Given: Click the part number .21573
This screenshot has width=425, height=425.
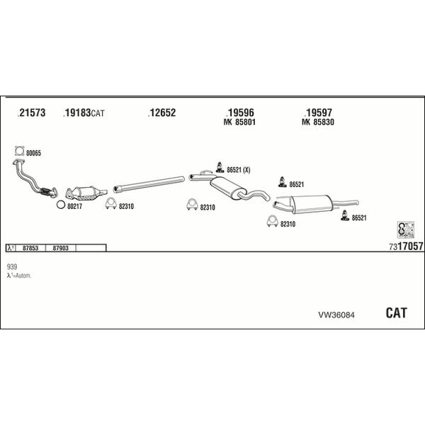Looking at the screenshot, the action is point(31,113).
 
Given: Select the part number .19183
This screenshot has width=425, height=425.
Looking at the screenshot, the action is point(76,113).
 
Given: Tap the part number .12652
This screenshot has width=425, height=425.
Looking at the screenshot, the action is point(161,113).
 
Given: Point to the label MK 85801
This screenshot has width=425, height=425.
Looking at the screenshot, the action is point(239,122).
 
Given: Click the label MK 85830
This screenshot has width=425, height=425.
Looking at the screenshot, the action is point(318,122).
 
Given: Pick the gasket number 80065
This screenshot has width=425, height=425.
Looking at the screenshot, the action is point(33,153).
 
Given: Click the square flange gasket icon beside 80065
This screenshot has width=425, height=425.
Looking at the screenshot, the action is point(20,151).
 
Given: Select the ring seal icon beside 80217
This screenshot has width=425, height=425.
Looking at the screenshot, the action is point(61,205).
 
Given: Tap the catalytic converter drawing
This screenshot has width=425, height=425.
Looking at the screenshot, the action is point(86,193).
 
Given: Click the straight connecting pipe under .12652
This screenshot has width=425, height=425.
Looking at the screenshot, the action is point(149,184).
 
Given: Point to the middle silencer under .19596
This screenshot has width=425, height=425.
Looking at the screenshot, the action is point(229,188).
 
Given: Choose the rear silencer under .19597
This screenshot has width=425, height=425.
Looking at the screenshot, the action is point(314,204).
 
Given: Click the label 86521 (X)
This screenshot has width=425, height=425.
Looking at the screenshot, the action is point(239,170).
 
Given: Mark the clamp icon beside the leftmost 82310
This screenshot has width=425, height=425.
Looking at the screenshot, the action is point(110,204).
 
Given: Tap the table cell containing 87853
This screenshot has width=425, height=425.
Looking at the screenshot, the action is point(30,248).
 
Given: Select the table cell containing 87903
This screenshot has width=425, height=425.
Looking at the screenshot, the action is point(61,248).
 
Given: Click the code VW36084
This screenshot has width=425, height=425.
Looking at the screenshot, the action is point(336,315).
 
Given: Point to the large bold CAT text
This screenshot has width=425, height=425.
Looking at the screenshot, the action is point(396,313).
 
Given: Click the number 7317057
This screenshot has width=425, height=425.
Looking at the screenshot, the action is point(406,246).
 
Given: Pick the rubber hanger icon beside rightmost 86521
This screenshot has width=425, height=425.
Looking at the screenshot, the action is point(345,215).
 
